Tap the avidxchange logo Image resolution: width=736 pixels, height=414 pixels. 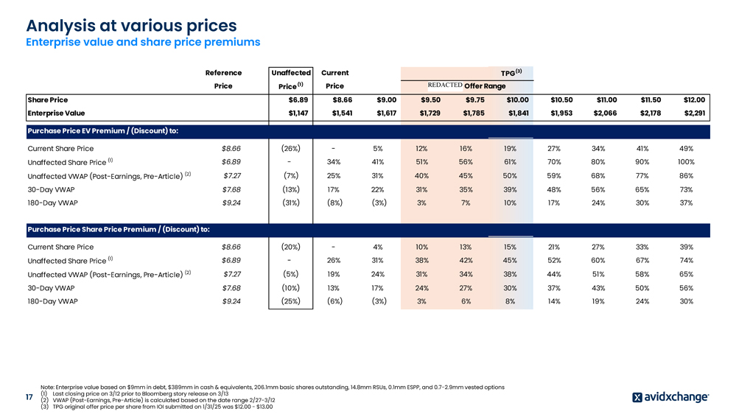670,397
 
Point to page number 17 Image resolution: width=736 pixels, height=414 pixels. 29,398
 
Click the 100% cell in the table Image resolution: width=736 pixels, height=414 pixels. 685,162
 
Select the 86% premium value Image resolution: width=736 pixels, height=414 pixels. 685,175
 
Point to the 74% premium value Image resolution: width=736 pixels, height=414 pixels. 685,261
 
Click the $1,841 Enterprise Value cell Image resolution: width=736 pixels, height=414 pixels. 515,113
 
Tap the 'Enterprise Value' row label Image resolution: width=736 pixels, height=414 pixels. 56,113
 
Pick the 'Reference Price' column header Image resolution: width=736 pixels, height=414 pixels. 222,80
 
